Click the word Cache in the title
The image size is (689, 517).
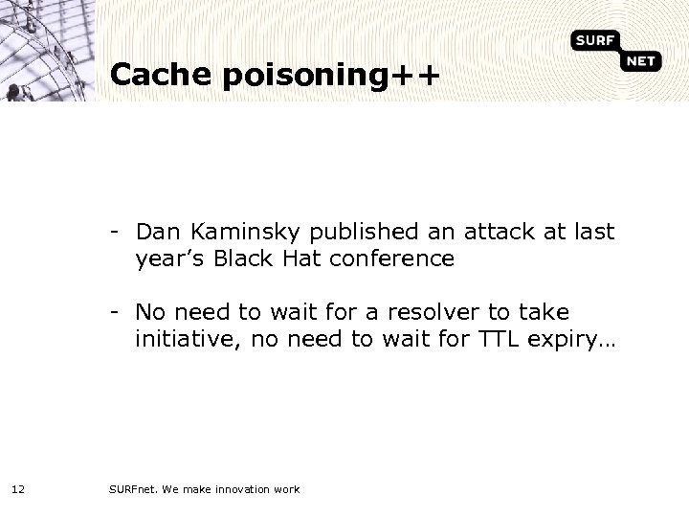coord(159,76)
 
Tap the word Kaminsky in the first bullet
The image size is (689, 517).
coord(229,232)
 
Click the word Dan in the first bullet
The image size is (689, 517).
coord(157,232)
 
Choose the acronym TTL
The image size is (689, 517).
coord(493,339)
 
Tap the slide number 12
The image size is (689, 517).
coord(18,490)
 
